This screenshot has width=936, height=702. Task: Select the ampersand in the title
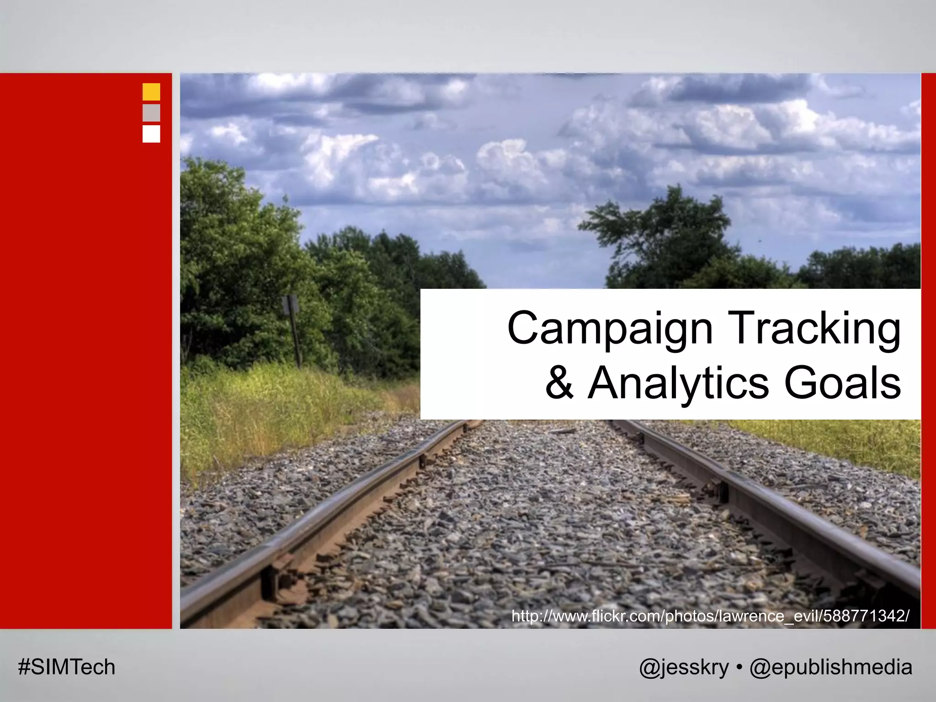click(x=559, y=383)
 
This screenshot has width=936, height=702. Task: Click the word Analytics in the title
click(x=678, y=383)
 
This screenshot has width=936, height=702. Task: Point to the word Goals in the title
click(x=842, y=383)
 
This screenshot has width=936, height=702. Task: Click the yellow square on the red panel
click(x=151, y=92)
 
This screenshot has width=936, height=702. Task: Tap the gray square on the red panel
click(x=151, y=113)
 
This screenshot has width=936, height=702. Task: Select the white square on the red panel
click(x=151, y=134)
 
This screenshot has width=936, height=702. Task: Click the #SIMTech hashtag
click(x=67, y=667)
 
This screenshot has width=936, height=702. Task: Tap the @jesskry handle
click(x=684, y=667)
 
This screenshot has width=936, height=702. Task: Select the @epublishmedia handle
click(x=831, y=667)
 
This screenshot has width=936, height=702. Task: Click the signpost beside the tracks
click(x=291, y=320)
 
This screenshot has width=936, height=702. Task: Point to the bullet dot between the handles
click(x=739, y=667)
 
